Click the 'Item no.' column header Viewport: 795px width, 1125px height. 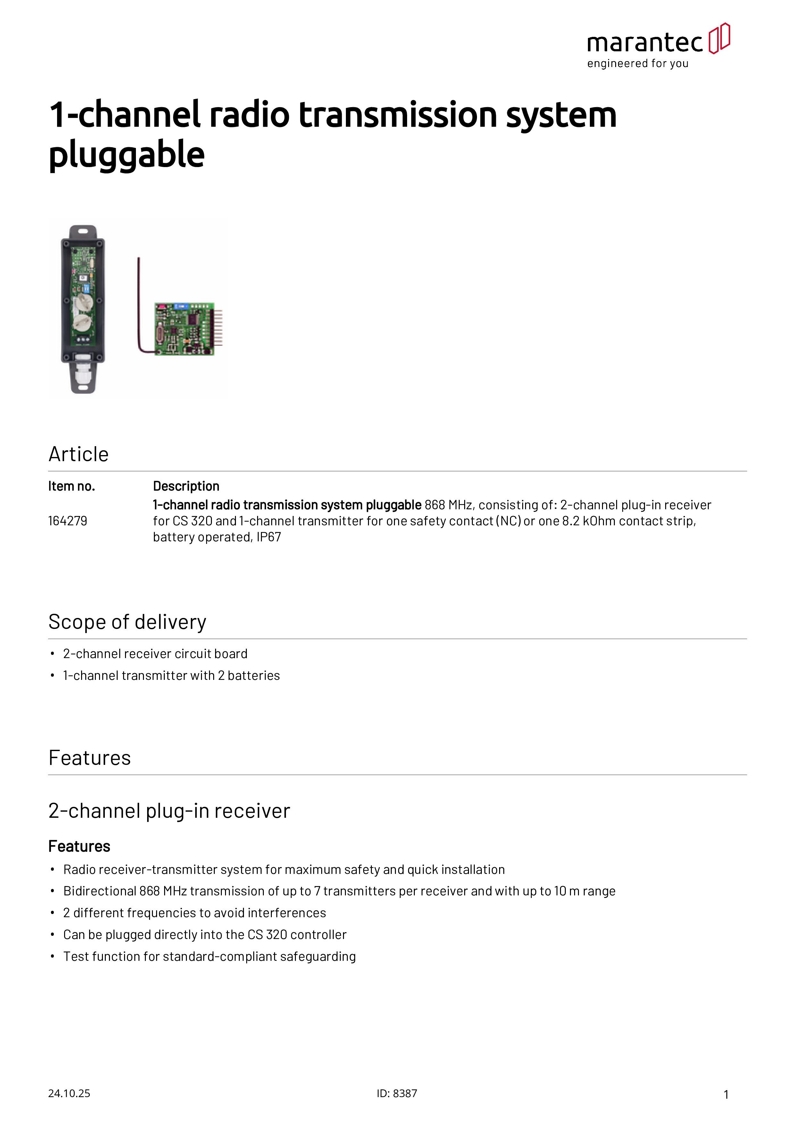[71, 486]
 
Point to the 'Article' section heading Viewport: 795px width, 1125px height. [78, 454]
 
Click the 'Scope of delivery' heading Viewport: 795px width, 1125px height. [127, 622]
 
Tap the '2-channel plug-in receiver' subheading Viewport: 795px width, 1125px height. [169, 811]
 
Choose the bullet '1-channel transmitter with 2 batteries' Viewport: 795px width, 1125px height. [172, 676]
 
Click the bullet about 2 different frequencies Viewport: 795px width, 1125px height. [195, 913]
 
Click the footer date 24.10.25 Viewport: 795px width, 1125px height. [69, 1093]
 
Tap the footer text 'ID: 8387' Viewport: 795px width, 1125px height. [397, 1093]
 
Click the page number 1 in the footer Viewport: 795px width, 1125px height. [726, 1094]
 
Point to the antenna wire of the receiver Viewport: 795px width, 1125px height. [139, 304]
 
